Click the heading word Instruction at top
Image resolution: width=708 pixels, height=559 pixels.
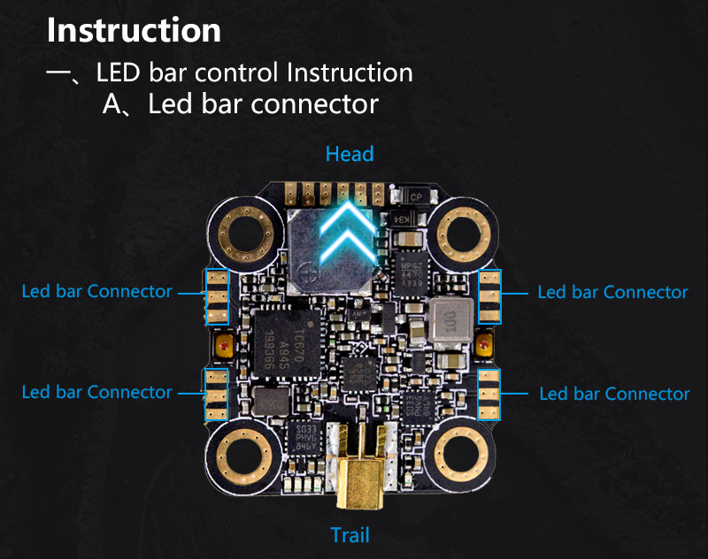click(134, 30)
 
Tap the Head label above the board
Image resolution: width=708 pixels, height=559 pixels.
click(350, 154)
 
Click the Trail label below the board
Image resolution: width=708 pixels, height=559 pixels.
click(350, 534)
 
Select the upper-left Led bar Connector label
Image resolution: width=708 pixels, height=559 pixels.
click(97, 291)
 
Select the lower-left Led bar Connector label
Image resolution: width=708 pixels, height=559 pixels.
click(97, 392)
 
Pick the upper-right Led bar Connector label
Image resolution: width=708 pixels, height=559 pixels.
click(612, 292)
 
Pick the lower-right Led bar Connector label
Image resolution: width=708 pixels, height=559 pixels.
click(614, 394)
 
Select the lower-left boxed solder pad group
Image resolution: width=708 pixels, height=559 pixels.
click(217, 394)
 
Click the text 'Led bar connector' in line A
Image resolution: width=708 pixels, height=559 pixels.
click(263, 104)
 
